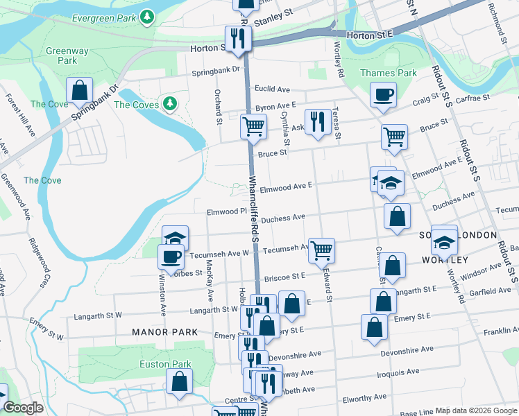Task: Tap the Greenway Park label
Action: point(67,55)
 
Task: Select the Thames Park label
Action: point(389,73)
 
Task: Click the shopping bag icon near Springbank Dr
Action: point(80,90)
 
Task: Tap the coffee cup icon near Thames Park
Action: point(382,95)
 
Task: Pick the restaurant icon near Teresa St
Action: point(317,121)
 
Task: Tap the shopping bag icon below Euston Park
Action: point(180,381)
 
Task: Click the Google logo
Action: point(24,408)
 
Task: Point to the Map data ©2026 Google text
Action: point(476,410)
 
